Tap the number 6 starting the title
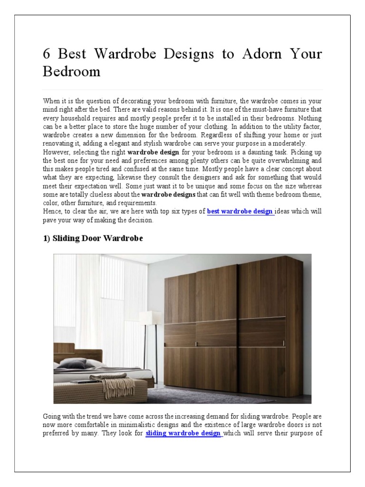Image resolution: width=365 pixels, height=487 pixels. click(x=47, y=54)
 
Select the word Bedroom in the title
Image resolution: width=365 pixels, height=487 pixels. click(x=71, y=71)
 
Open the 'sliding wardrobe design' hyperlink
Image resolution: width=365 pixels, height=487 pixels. click(x=183, y=433)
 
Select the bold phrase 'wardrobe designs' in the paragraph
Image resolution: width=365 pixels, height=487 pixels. click(x=168, y=195)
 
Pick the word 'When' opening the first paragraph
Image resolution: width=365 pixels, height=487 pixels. click(x=52, y=101)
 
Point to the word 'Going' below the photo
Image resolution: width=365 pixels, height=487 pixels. click(x=52, y=417)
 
